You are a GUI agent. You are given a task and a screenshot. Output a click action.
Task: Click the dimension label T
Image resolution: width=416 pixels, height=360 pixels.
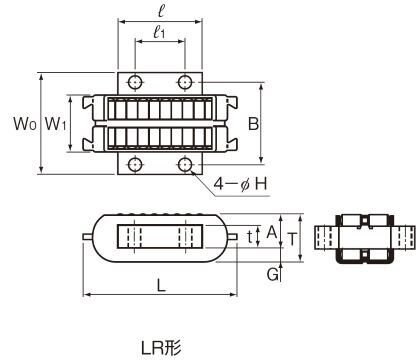point(291,237)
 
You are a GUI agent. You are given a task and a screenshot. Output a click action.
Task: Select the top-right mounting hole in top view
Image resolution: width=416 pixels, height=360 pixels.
point(185,81)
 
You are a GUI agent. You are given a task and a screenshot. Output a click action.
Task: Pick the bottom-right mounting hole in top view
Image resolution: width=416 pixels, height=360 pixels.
point(185,164)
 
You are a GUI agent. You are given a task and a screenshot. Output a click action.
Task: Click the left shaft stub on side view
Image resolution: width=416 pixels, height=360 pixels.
point(87,237)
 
